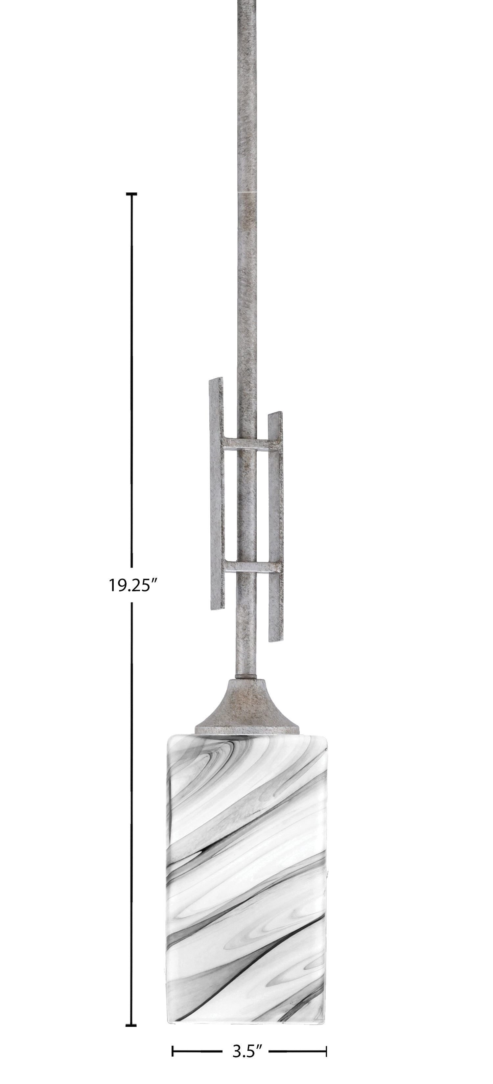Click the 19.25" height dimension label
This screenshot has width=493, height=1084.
(x=133, y=584)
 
